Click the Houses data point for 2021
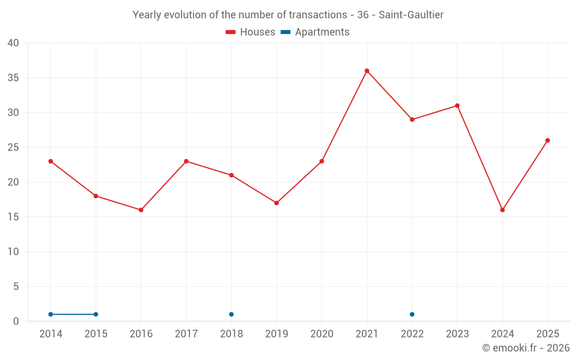[x=366, y=71]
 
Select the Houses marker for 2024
[x=502, y=210]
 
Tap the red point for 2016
[x=141, y=210]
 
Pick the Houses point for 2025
[x=547, y=141]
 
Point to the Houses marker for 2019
[x=276, y=203]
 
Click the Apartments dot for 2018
[x=231, y=314]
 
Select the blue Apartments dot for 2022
[x=412, y=314]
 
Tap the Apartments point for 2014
[x=50, y=314]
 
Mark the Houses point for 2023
[x=457, y=106]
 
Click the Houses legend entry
[x=251, y=32]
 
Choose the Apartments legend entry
[x=315, y=32]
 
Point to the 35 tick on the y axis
[x=13, y=78]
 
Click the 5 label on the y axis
[x=16, y=286]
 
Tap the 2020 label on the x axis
[x=322, y=334]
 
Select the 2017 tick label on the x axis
[x=186, y=334]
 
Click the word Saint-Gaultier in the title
[x=411, y=15]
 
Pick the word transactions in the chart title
[x=318, y=15]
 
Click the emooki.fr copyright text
[x=526, y=348]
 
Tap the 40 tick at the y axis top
[x=13, y=43]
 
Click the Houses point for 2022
[x=412, y=119]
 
